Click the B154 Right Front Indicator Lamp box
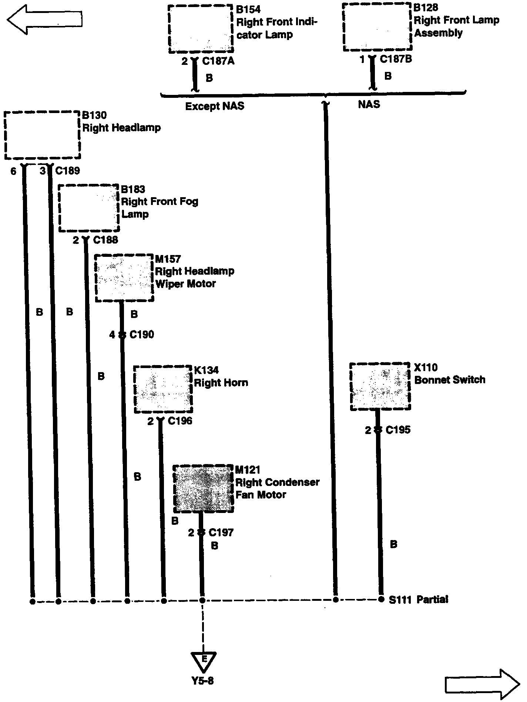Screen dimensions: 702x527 (x=201, y=29)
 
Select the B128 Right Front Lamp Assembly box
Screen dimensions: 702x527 (x=377, y=27)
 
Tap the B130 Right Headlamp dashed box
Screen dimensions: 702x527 (x=42, y=135)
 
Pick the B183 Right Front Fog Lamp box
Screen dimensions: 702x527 (x=89, y=208)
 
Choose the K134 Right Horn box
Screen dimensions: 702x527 (x=163, y=389)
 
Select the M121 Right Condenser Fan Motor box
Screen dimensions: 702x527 (x=204, y=489)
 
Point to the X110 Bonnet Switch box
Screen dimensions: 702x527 (x=380, y=387)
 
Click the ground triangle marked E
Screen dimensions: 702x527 (x=203, y=662)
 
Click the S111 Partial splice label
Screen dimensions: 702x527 (x=419, y=599)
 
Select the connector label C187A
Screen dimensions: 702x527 (x=218, y=61)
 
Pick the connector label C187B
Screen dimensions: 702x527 (x=396, y=59)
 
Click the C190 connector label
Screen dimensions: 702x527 (x=142, y=335)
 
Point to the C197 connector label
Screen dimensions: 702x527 (x=221, y=533)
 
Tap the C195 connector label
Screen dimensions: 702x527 (x=398, y=430)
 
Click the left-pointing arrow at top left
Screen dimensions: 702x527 (x=44, y=20)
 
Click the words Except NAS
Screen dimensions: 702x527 (x=215, y=106)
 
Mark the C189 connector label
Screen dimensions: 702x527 (x=67, y=171)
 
